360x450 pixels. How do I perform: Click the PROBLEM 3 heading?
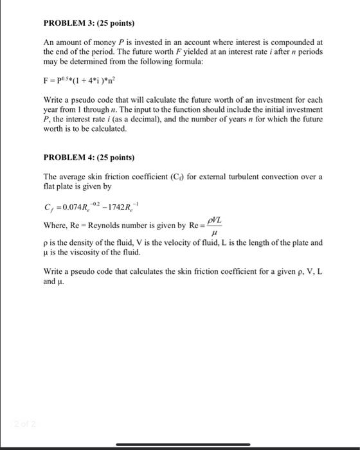[89, 23]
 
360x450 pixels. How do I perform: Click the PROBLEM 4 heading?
[89, 157]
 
